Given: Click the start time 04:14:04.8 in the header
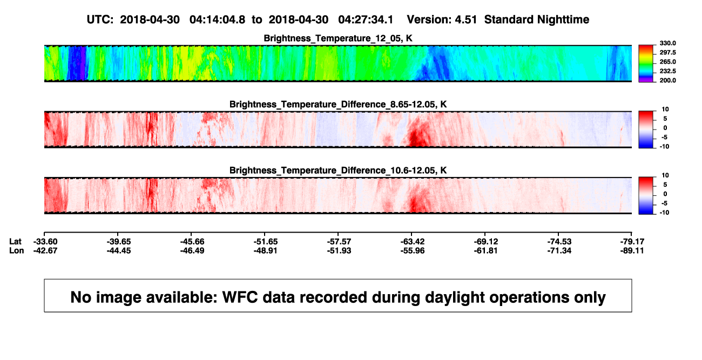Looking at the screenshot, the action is [217, 19].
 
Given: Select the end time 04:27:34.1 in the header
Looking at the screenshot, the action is [366, 19].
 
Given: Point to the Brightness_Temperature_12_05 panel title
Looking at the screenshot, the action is [338, 38].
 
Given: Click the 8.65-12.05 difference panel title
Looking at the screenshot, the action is [338, 104].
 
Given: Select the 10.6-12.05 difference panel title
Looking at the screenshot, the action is [338, 171].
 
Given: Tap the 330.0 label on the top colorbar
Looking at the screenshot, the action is [667, 43].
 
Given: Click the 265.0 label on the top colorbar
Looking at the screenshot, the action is [667, 62].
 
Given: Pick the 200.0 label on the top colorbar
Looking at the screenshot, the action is [667, 80].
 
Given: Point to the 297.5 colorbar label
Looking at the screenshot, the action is [667, 52].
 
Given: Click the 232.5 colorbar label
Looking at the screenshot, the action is [667, 71].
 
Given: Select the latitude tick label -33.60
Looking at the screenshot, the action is [45, 242].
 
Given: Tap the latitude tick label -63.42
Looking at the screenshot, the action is [413, 242].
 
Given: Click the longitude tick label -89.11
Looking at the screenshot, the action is [632, 250].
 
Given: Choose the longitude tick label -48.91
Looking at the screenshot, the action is [266, 250].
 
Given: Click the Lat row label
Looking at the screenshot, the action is [15, 242].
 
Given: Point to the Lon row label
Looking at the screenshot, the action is [17, 250].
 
